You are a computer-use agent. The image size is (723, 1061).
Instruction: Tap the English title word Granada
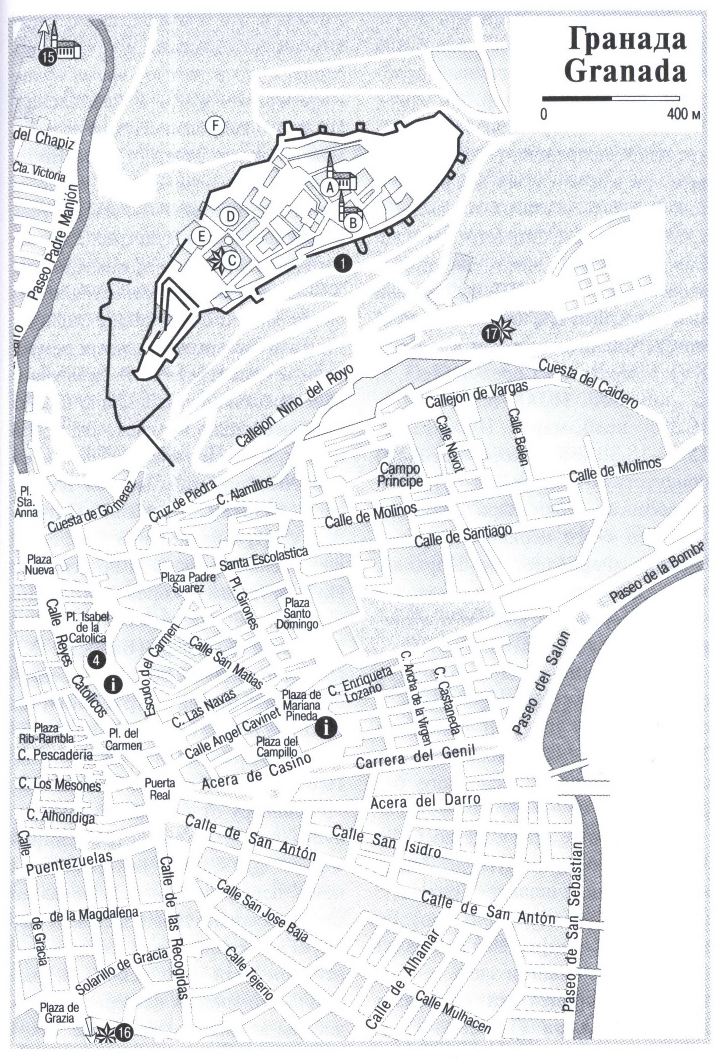[x=625, y=72]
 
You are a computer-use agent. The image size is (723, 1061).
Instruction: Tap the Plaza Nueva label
[x=39, y=565]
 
